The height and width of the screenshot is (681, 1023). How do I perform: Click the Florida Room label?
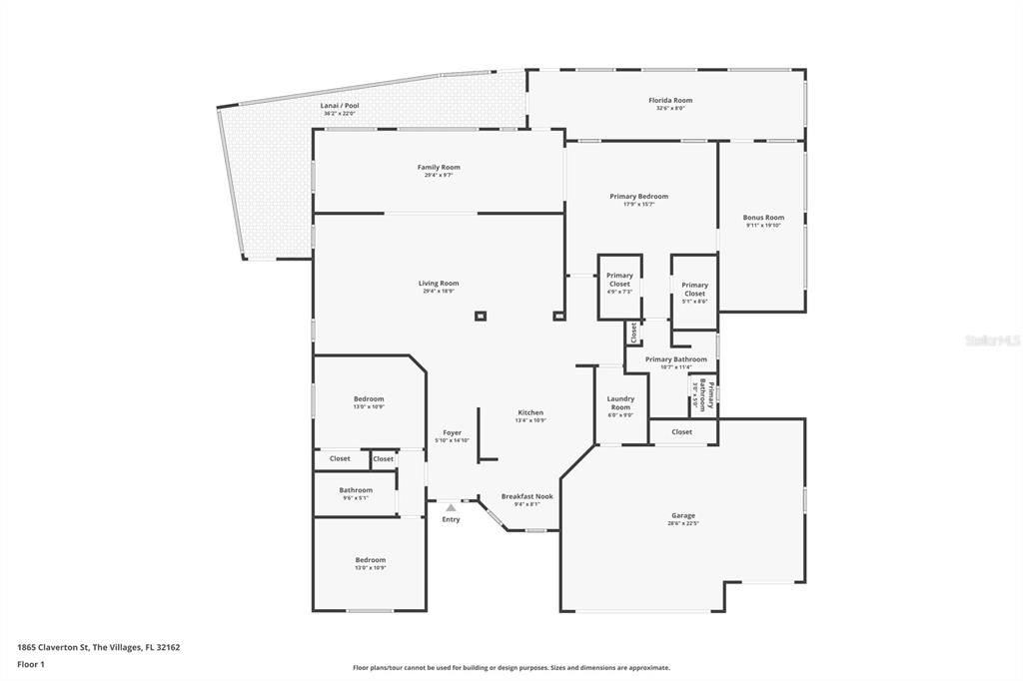669,100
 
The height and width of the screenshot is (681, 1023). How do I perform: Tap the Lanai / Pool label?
339,105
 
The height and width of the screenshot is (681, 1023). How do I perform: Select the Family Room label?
439,167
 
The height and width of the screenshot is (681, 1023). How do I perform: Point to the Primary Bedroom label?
638,196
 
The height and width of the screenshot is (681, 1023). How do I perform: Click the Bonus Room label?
763,217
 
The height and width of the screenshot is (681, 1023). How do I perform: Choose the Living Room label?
439,283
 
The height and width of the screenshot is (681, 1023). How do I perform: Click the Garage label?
683,515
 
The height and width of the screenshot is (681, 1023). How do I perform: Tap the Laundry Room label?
620,402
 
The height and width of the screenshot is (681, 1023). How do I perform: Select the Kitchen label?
530,412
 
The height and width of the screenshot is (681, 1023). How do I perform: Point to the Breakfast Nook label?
526,496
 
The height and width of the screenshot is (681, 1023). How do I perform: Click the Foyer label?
452,432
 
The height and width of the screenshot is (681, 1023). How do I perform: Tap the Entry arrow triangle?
451,508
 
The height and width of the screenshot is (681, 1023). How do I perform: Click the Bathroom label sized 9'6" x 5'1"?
355,489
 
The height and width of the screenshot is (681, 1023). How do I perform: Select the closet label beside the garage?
681,431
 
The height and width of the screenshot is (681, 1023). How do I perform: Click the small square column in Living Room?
481,317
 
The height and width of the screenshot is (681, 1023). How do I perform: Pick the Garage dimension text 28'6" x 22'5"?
683,523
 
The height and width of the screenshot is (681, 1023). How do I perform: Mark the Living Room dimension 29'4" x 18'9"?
439,292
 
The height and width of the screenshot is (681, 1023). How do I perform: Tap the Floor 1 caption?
31,663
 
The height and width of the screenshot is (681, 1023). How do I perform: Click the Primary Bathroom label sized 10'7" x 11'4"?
675,359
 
